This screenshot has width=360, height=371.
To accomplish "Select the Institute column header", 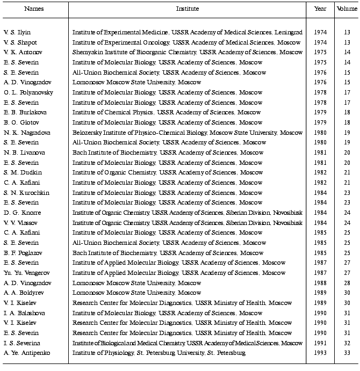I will [188, 9].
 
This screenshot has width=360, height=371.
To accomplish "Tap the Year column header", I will [320, 9].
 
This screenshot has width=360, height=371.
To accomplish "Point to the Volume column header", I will [347, 9].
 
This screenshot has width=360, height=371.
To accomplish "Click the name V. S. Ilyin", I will [17, 32].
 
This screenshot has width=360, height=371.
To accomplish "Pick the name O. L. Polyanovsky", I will [25, 92].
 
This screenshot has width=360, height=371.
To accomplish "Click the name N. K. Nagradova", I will [24, 133].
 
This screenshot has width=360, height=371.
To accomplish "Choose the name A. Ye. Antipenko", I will [25, 353].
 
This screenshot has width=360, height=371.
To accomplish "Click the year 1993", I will [320, 353].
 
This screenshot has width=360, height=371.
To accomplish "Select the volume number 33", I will [347, 353].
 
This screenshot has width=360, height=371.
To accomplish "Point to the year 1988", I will [320, 283].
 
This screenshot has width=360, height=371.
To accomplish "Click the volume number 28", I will [347, 283].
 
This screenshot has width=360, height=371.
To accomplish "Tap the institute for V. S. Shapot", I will [179, 42].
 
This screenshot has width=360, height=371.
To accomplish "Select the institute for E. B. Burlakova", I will [168, 112].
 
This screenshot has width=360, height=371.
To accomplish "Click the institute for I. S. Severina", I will [188, 343].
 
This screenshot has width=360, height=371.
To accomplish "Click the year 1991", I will [320, 343].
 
